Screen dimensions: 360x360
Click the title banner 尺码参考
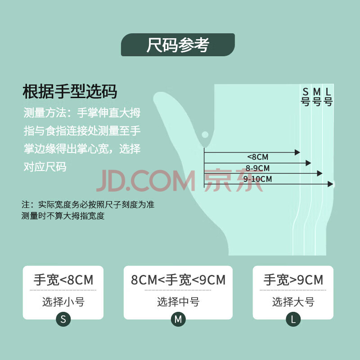pyautogui.click(x=178, y=45)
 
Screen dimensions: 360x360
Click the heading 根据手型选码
pyautogui.click(x=70, y=92)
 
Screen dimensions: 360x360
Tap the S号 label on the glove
pyautogui.click(x=306, y=97)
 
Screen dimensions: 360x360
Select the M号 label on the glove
pyautogui.click(x=317, y=97)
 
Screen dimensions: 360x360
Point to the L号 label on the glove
pyautogui.click(x=328, y=97)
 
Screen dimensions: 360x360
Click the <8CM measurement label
pyautogui.click(x=257, y=157)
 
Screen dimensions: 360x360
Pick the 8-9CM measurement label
pyautogui.click(x=257, y=168)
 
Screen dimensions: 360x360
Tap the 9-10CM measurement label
pyautogui.click(x=257, y=179)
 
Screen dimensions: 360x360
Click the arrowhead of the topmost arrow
pyautogui.click(x=297, y=152)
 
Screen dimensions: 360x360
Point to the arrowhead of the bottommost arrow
pyautogui.click(x=331, y=184)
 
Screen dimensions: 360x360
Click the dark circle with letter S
pyautogui.click(x=63, y=319)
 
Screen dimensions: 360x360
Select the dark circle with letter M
pyautogui.click(x=178, y=319)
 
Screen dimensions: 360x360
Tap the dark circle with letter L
pyautogui.click(x=293, y=319)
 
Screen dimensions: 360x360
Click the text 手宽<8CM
pyautogui.click(x=63, y=280)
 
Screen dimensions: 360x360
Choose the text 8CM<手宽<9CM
pyautogui.click(x=178, y=280)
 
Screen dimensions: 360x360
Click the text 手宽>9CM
pyautogui.click(x=293, y=280)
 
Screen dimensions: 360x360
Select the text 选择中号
pyautogui.click(x=178, y=301)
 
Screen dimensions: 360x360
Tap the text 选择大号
pyautogui.click(x=293, y=301)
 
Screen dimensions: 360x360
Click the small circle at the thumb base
pyautogui.click(x=205, y=135)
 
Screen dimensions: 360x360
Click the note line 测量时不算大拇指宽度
pyautogui.click(x=63, y=216)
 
